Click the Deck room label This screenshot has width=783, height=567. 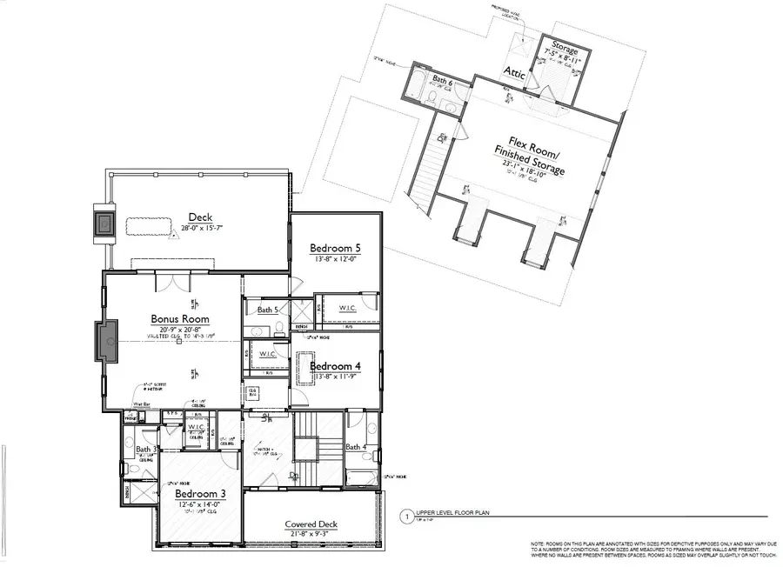pyautogui.click(x=199, y=217)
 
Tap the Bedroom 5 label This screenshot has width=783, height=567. pyautogui.click(x=335, y=249)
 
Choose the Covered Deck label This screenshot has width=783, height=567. pyautogui.click(x=311, y=524)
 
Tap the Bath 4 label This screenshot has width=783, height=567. pyautogui.click(x=356, y=447)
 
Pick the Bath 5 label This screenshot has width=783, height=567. pyautogui.click(x=267, y=310)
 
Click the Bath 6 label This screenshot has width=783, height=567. pyautogui.click(x=443, y=80)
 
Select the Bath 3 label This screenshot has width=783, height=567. pyautogui.click(x=146, y=450)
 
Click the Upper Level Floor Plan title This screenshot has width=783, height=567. pyautogui.click(x=453, y=514)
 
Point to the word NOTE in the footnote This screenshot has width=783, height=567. pyautogui.click(x=540, y=544)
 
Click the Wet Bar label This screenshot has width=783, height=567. pyautogui.click(x=142, y=404)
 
